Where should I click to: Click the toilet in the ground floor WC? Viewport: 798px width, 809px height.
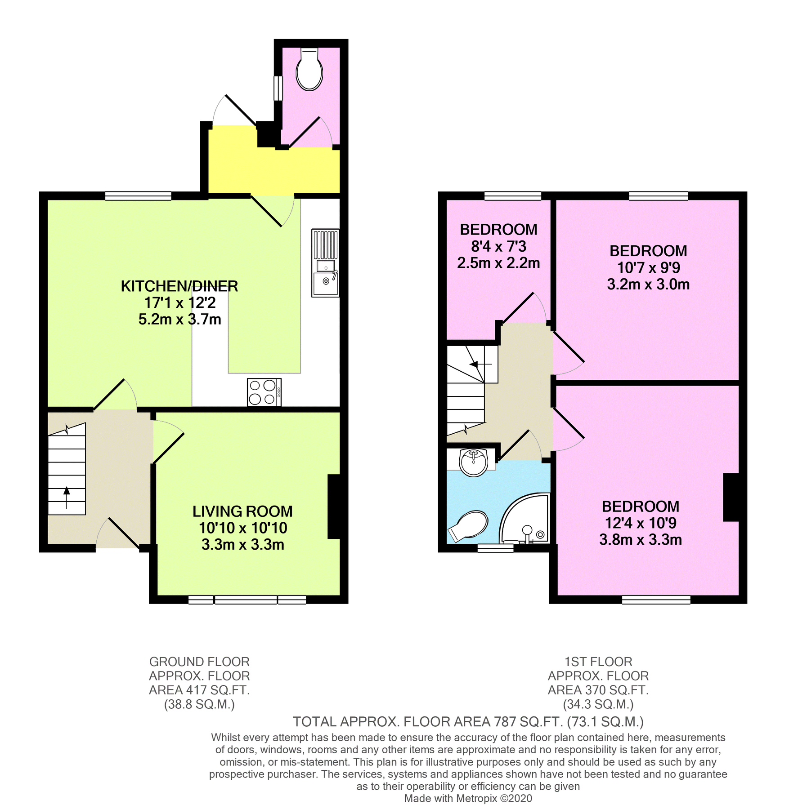[x=309, y=71]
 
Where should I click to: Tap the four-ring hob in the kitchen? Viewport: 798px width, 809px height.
[x=264, y=392]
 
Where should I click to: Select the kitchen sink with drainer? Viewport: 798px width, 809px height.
[x=325, y=263]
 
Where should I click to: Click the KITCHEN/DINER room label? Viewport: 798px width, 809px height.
[x=179, y=286]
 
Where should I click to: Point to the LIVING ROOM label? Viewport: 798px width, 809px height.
[x=242, y=511]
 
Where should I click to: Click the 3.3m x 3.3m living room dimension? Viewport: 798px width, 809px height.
[x=242, y=545]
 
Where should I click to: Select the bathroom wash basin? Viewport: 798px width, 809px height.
[x=473, y=462]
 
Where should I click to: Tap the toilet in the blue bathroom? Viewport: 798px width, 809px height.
[x=469, y=525]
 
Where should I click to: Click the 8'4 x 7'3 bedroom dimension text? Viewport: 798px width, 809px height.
[x=498, y=246]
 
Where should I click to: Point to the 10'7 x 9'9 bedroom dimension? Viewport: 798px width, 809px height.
[x=648, y=268]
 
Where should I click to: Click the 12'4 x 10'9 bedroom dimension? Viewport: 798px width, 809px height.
[x=641, y=523]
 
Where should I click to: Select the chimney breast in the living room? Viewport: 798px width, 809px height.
[x=334, y=506]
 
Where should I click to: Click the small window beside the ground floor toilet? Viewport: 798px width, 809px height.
[x=278, y=88]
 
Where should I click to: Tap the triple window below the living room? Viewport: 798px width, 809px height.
[x=247, y=600]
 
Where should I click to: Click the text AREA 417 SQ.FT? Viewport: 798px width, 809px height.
[x=199, y=690]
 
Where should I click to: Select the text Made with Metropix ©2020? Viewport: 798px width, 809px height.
[x=468, y=798]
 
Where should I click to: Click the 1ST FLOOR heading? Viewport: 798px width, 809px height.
[x=598, y=662]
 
